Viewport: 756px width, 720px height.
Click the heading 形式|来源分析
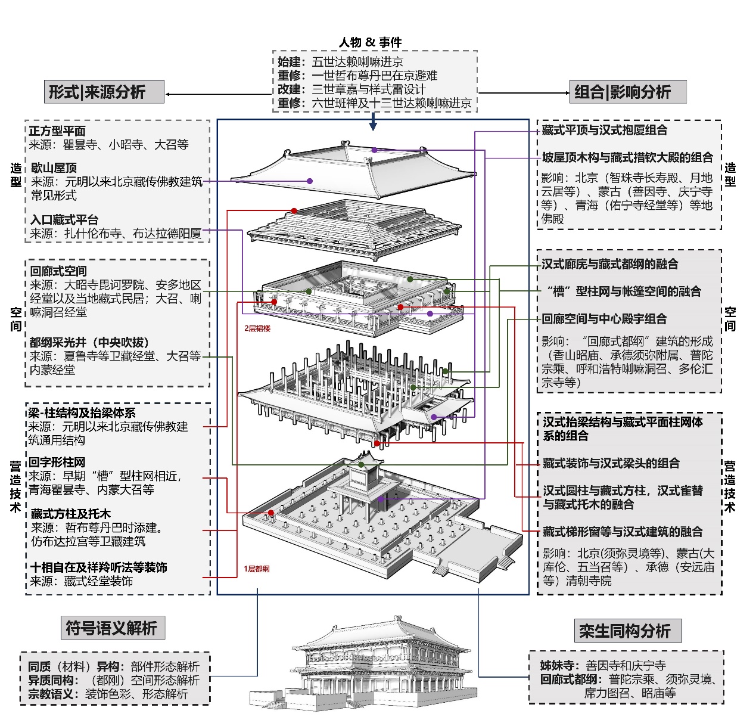(x=97, y=92)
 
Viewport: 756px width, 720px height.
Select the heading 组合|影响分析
(x=623, y=92)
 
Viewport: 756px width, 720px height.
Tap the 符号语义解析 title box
(x=111, y=628)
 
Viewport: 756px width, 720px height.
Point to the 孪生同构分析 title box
(x=625, y=631)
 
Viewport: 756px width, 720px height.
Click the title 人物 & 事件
(x=370, y=42)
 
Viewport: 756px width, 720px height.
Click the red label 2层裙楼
(x=257, y=328)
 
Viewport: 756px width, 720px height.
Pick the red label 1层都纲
(x=257, y=569)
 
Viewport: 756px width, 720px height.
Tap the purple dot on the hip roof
(x=310, y=181)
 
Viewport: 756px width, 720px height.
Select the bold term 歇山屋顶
(x=54, y=167)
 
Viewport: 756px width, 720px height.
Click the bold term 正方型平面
(x=57, y=131)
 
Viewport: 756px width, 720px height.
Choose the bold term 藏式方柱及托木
(x=70, y=514)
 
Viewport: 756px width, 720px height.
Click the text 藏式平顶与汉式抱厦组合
(x=604, y=130)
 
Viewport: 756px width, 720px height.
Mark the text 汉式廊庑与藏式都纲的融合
(x=609, y=264)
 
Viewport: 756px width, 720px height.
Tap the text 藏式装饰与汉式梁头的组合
(x=611, y=463)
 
